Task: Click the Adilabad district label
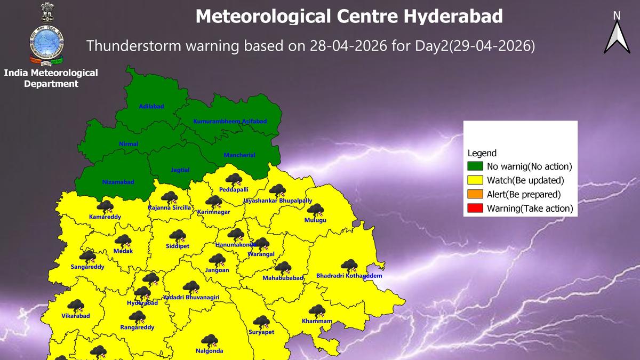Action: tap(151, 107)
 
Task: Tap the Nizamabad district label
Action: tap(118, 182)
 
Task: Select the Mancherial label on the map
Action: tap(239, 155)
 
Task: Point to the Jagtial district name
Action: tap(180, 171)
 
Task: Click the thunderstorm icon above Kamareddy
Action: tap(105, 207)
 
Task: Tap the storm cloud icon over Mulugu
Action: tap(315, 210)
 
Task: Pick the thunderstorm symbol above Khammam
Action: tap(317, 311)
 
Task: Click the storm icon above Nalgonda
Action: tap(209, 341)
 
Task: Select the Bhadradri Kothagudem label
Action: tap(349, 276)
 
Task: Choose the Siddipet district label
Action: tap(178, 246)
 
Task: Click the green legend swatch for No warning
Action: tap(475, 167)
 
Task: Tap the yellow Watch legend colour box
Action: tap(475, 181)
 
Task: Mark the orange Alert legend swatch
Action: tap(475, 195)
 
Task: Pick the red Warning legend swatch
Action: tap(475, 209)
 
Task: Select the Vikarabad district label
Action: tap(76, 316)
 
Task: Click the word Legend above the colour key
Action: tap(482, 153)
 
